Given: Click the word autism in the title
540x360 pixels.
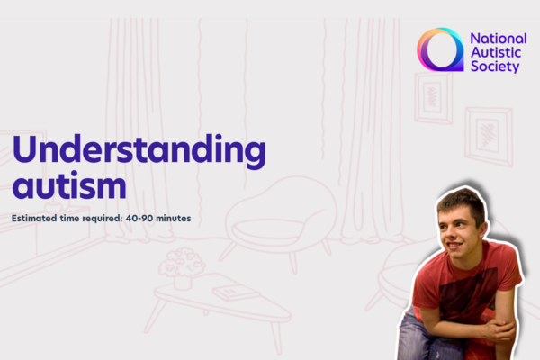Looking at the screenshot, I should tap(69, 187).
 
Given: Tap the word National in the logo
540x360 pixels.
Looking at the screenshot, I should tap(496, 38).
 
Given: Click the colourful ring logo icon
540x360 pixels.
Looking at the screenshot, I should tap(440, 50).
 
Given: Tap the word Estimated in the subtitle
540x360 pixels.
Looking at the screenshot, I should tap(37, 219).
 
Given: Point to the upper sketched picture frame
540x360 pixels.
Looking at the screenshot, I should tap(434, 97).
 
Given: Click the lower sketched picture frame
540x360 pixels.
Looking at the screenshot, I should tap(488, 136).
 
